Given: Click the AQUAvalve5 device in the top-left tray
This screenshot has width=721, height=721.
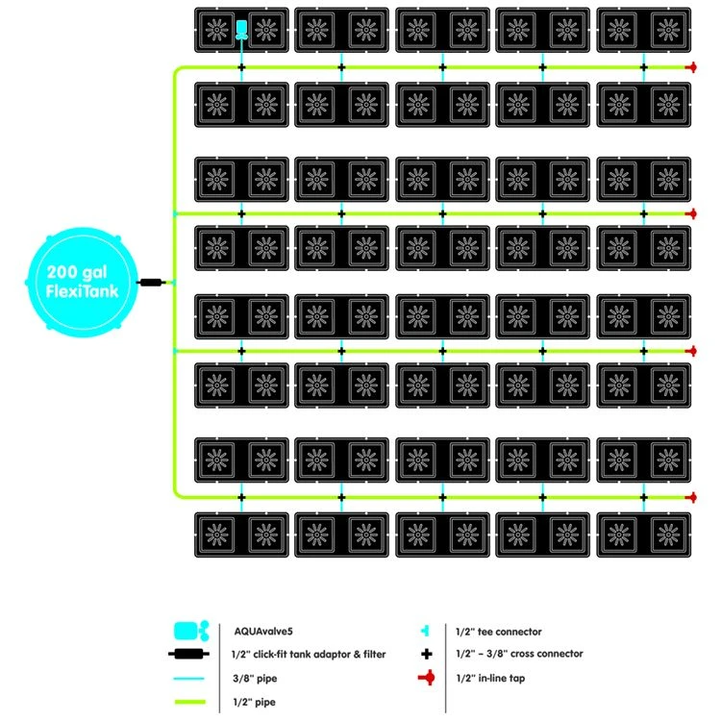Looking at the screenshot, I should [x=242, y=28].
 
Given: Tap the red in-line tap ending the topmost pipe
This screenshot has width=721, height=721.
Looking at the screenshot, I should [x=689, y=67].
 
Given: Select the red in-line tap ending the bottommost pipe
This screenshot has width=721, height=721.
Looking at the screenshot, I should [x=689, y=497].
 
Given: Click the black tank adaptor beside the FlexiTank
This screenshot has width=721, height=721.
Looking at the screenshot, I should [x=152, y=283].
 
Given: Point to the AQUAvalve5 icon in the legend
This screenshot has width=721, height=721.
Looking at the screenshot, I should [x=190, y=632].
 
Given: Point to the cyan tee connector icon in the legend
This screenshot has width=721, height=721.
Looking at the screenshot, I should [x=426, y=632].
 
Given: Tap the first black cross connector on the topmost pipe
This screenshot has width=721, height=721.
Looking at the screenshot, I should [x=242, y=67].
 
